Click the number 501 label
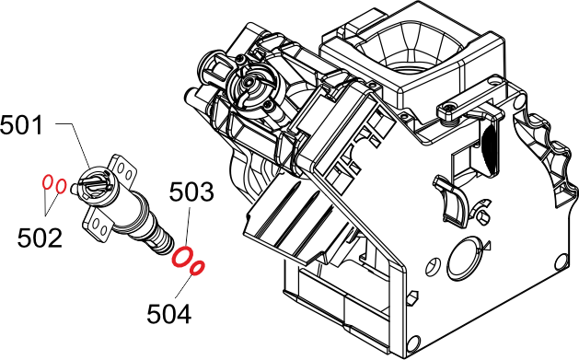21,125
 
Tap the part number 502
40,238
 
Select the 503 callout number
191,192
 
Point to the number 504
169,314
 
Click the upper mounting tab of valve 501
123,168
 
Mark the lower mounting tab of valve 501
98,223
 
